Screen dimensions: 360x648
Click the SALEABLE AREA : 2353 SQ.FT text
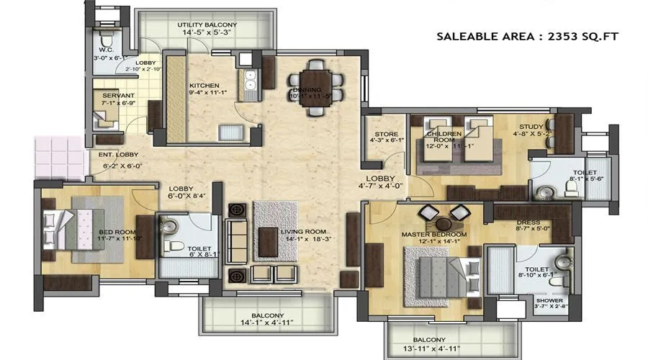pos(527,36)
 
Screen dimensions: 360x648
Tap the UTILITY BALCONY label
pos(207,25)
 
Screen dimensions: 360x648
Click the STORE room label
pos(381,134)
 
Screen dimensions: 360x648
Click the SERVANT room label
pos(115,95)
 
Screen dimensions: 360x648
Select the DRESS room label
pos(531,223)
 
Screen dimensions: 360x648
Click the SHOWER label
pos(549,301)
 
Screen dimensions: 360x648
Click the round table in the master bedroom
pos(441,214)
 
